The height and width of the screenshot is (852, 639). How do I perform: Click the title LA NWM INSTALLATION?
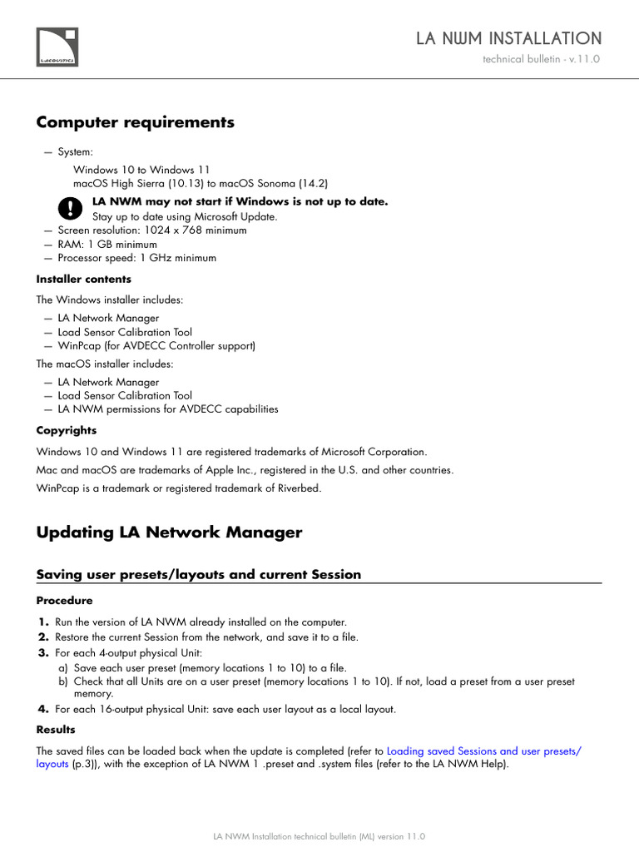[x=508, y=38]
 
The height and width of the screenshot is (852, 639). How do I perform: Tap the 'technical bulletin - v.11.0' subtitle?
[x=541, y=60]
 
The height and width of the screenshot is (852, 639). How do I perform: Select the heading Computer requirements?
[x=135, y=122]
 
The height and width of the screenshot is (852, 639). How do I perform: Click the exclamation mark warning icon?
[x=72, y=208]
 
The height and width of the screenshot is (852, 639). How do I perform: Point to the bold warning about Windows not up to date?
[x=240, y=201]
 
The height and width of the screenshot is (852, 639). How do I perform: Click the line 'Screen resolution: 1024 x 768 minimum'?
[x=151, y=230]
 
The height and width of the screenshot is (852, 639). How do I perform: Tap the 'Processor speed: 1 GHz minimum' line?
[x=136, y=258]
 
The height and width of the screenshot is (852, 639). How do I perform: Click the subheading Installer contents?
[x=83, y=279]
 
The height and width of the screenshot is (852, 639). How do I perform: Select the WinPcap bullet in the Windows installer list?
[x=156, y=345]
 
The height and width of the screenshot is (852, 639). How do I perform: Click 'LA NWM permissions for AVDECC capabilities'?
[x=167, y=409]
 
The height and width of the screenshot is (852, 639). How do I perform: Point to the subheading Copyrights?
[x=66, y=430]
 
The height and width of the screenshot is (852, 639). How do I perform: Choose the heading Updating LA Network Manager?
[x=169, y=532]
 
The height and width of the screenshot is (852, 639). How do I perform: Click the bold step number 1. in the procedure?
[x=43, y=622]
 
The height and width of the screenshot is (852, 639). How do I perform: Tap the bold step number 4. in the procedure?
[x=43, y=709]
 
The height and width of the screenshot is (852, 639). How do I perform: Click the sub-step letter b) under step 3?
[x=63, y=681]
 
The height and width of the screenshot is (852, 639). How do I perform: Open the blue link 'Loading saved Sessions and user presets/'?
[x=484, y=750]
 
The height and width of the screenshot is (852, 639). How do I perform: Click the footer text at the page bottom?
[x=319, y=836]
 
